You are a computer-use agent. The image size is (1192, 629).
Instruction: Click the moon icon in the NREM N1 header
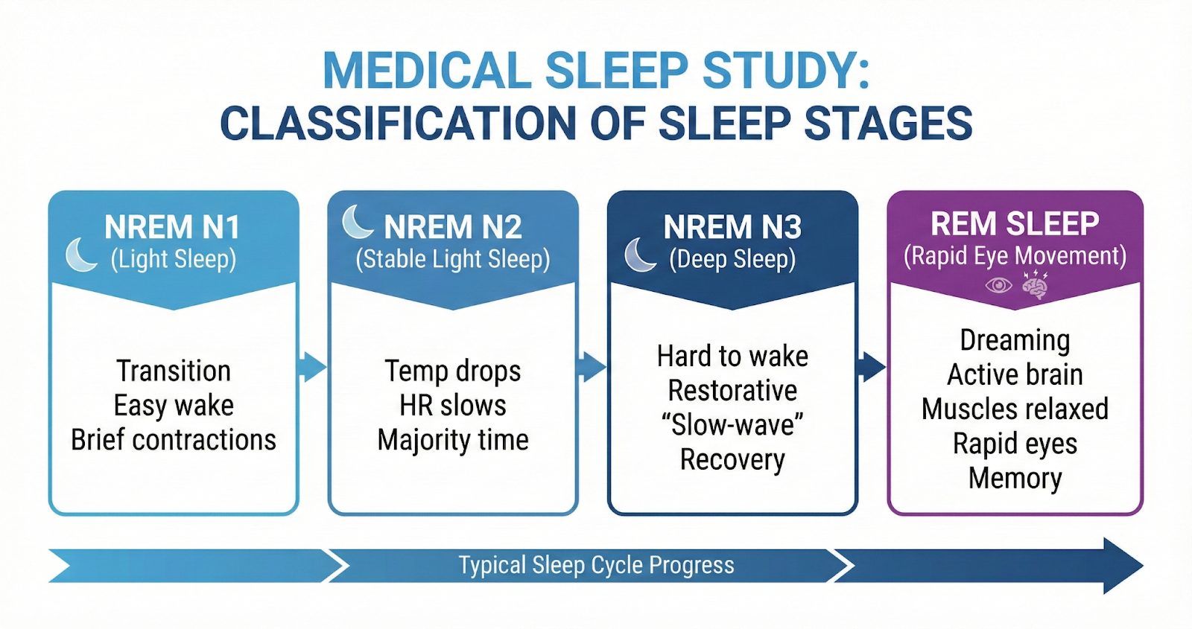coord(81,255)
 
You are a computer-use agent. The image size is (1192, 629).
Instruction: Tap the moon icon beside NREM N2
coord(358,222)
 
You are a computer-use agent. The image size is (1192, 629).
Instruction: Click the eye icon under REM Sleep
coord(998,285)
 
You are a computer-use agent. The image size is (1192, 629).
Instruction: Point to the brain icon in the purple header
coord(1035,285)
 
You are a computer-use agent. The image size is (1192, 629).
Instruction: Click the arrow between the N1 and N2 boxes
coord(312,367)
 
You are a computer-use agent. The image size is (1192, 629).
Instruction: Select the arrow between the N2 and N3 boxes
coord(592,367)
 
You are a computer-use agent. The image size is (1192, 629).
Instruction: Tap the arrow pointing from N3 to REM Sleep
coord(871,367)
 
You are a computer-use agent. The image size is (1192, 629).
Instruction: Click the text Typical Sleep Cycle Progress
coord(596,565)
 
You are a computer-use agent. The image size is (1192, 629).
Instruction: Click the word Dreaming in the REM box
coord(1015,340)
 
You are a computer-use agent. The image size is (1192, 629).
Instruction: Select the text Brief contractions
coord(174,440)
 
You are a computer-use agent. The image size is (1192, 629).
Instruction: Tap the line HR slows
coord(453,406)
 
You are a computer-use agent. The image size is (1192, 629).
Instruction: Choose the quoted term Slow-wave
coord(732,425)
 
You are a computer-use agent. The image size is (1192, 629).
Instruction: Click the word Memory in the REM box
coord(1015,478)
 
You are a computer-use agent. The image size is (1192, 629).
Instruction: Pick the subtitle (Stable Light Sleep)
coord(453,259)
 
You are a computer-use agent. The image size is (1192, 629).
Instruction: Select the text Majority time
coord(453,440)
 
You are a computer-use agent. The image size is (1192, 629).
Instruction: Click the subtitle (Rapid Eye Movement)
coord(1015,256)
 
